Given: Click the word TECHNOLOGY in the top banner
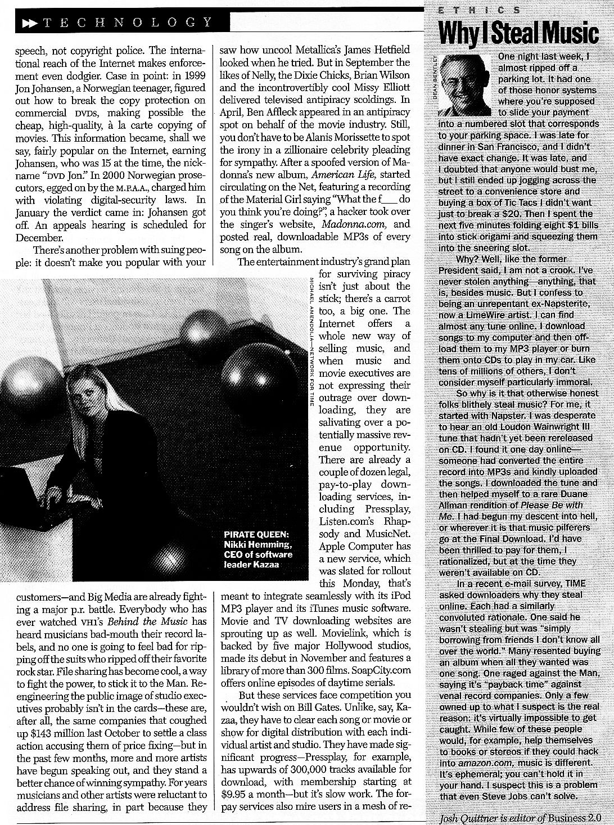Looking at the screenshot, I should click(128, 22).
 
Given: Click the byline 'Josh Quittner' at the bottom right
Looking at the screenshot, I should click(467, 817).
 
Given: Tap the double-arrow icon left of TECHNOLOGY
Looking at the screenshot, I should click(28, 22).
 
